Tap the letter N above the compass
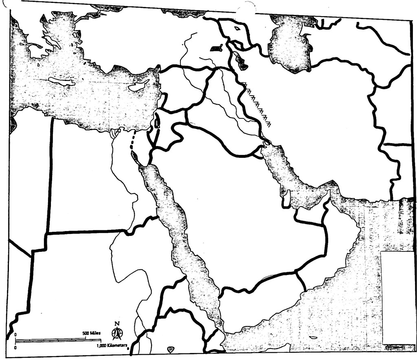point(117,324)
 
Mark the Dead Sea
point(157,122)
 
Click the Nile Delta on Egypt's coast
point(116,132)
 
